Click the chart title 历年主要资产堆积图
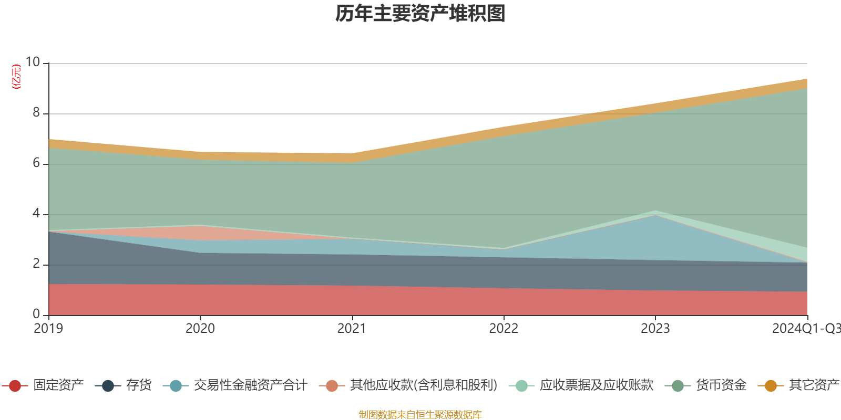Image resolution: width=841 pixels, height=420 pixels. [420, 14]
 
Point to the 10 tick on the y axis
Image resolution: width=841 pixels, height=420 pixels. [33, 62]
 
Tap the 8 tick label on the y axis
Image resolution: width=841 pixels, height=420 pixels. [36, 112]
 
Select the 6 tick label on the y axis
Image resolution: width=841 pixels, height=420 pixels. [36, 163]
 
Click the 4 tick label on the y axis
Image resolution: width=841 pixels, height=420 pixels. [36, 213]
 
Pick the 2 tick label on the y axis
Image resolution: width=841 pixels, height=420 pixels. [36, 264]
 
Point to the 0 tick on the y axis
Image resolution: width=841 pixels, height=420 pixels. [36, 314]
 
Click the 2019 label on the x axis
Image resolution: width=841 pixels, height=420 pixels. [48, 329]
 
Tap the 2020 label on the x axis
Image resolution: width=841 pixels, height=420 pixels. [200, 329]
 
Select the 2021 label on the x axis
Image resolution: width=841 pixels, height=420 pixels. [352, 329]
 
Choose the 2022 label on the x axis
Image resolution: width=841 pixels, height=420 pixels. [504, 329]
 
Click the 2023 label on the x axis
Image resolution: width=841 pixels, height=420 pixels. [655, 329]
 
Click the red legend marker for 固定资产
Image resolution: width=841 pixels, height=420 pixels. [15, 386]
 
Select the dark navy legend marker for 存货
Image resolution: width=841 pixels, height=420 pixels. [108, 386]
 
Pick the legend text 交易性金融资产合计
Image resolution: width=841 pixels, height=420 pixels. [250, 385]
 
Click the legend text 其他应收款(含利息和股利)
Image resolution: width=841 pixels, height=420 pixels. [424, 385]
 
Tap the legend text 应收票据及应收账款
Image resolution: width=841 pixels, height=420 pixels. [597, 385]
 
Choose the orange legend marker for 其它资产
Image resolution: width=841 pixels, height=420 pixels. [771, 386]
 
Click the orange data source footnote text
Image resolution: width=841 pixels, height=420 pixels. [420, 415]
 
